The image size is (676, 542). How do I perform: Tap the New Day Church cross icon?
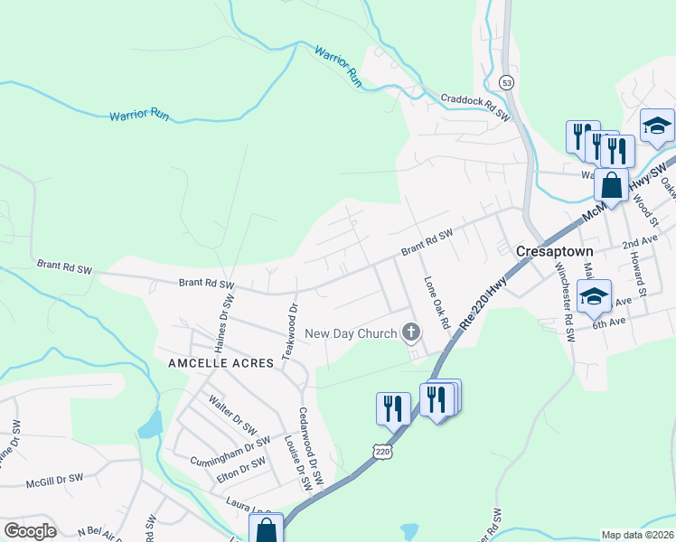click(x=411, y=333)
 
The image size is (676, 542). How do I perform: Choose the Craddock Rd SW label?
click(x=475, y=107)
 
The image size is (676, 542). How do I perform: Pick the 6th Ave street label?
click(x=609, y=321)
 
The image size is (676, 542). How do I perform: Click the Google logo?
click(x=30, y=530)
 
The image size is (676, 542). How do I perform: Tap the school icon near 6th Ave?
click(x=595, y=295)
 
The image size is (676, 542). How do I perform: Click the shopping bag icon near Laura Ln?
click(x=266, y=529)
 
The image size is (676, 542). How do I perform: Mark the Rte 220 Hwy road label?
click(x=482, y=311)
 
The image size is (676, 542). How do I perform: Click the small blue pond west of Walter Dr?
click(x=150, y=424)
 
